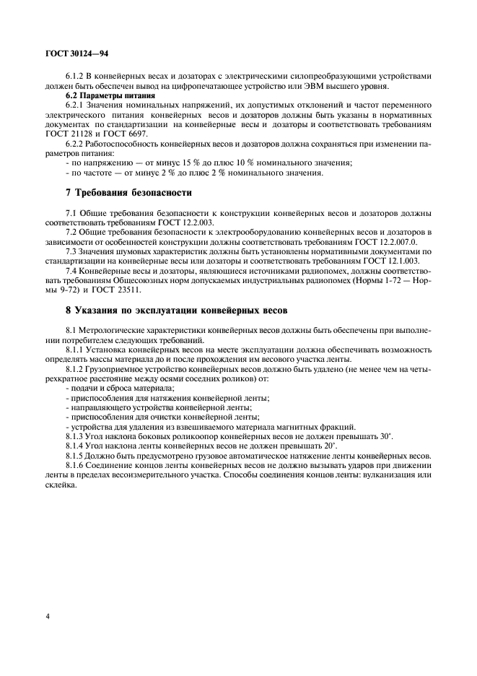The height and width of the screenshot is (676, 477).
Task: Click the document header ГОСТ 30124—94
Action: point(74,53)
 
